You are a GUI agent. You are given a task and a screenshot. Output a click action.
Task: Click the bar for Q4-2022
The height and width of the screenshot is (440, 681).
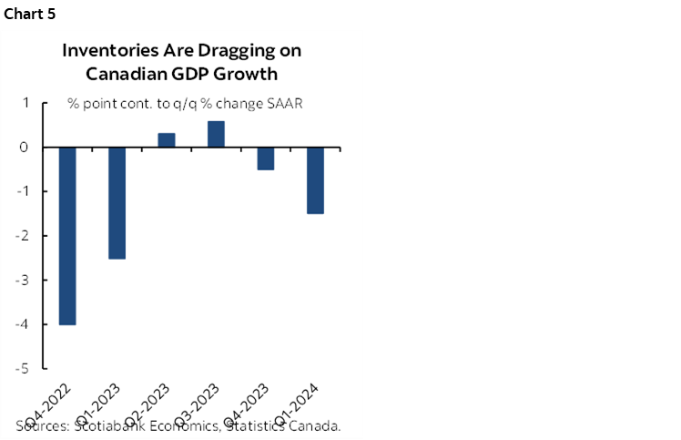click(66, 235)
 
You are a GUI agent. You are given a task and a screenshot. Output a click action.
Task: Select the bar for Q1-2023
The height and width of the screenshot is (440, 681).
click(117, 202)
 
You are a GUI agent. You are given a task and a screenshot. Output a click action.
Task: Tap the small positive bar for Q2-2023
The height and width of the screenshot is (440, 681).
click(167, 139)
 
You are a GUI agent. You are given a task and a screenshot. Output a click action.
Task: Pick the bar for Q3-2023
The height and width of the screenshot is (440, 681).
click(216, 133)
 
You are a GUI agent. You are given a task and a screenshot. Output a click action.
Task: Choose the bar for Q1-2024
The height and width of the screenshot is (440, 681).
click(315, 180)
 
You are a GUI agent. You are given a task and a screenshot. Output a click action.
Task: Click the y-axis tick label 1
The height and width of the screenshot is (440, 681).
click(25, 103)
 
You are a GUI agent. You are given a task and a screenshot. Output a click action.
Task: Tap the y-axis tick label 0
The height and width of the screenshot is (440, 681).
click(25, 148)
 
